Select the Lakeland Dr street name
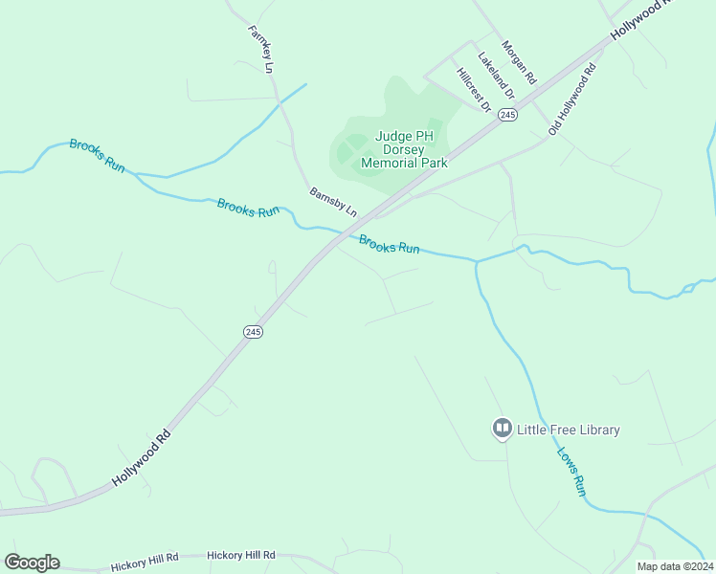497,77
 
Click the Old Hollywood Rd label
572,99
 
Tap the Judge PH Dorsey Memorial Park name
404,149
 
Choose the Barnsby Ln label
333,201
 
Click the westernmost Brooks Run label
97,155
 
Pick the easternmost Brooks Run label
390,244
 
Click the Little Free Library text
569,430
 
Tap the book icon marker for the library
502,429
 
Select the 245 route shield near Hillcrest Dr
507,115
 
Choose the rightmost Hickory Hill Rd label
241,555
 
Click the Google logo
32,563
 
